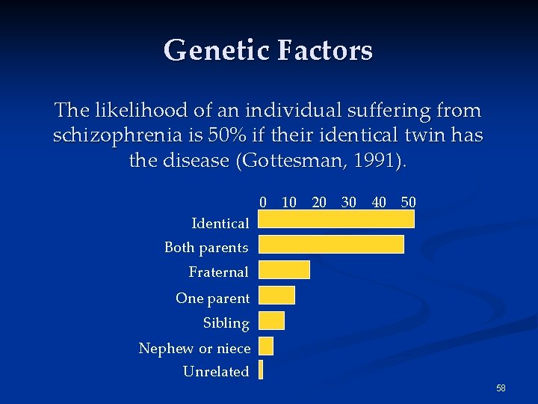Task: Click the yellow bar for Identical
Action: tap(336, 218)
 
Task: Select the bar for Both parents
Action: tap(331, 245)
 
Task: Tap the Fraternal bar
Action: tap(284, 269)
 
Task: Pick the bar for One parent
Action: tap(276, 295)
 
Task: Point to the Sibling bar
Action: tap(271, 320)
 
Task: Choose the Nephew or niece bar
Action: tap(266, 346)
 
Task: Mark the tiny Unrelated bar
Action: tap(261, 370)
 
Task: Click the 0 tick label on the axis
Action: tap(263, 202)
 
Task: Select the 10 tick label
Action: tap(289, 202)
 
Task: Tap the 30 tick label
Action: tap(348, 202)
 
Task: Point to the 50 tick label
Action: tap(409, 202)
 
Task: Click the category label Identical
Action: tap(220, 223)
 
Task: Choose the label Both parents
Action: tap(206, 247)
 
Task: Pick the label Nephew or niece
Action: tap(194, 348)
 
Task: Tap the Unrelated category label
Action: tap(216, 371)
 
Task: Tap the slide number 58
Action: tap(501, 388)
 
